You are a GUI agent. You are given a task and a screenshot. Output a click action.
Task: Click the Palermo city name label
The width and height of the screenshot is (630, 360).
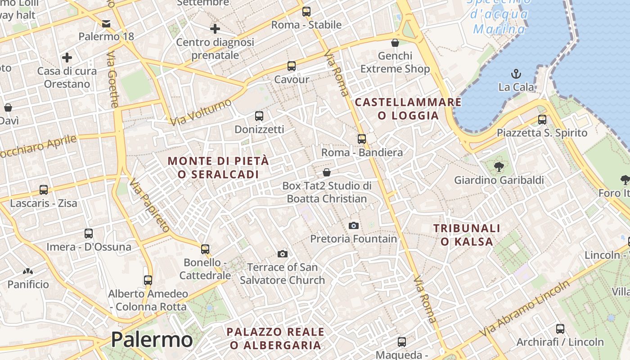point(152,340)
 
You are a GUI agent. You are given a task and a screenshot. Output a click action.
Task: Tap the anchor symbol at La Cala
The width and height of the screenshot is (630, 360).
point(516,73)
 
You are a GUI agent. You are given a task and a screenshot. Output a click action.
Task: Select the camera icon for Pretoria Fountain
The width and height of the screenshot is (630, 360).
point(354,225)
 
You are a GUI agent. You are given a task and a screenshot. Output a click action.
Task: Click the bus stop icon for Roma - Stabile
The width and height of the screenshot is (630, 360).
point(306,12)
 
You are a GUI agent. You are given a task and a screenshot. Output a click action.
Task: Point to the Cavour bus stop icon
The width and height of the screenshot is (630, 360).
point(292,66)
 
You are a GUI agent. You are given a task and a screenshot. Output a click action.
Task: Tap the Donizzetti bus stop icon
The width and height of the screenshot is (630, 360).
point(259,116)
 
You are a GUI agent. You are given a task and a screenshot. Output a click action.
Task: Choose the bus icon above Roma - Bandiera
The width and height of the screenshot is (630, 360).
point(362,139)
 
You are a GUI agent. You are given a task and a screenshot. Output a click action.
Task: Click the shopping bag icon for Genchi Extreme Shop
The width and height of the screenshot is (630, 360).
point(395,43)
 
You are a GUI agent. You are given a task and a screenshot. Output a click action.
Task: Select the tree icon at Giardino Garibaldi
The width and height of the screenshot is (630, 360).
point(499,167)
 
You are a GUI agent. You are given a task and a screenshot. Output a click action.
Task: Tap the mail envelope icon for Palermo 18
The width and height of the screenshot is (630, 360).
point(106,23)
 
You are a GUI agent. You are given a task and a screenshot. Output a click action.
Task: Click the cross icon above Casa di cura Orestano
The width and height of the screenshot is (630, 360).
point(67,58)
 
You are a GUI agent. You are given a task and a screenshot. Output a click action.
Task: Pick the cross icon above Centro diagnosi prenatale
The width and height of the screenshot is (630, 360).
point(215,29)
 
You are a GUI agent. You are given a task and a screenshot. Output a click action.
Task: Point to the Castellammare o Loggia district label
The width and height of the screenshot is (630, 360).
point(408,109)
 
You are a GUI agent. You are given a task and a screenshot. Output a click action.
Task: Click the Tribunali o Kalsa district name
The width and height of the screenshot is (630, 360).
point(467,235)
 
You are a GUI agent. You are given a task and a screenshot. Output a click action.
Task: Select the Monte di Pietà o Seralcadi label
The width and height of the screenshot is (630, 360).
point(218,167)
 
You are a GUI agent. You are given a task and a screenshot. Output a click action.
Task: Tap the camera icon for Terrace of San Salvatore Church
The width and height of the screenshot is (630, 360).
point(283,254)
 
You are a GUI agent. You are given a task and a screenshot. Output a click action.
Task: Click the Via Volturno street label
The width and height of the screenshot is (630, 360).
point(201,112)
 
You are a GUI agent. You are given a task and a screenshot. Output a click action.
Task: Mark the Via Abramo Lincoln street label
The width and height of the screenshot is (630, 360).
point(524,309)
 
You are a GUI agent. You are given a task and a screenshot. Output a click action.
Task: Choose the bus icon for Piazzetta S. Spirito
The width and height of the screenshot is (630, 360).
point(542,120)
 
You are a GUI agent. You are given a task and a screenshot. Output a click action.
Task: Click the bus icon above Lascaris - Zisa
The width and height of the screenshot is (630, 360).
point(44,190)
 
